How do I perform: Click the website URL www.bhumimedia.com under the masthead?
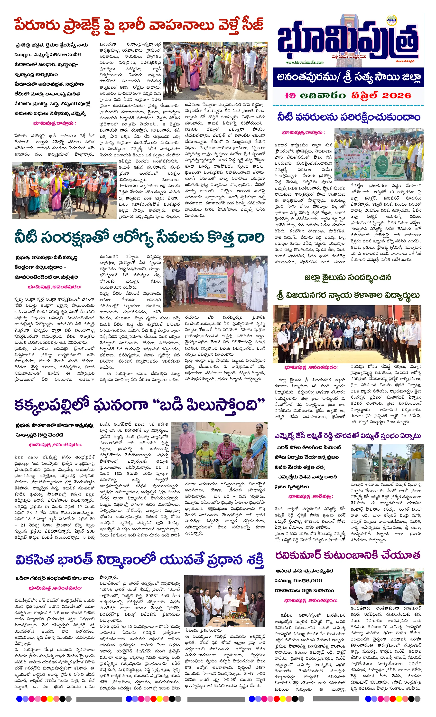click(305, 62)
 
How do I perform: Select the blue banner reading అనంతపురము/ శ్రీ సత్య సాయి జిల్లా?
click(348, 77)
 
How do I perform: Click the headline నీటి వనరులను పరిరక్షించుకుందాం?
click(348, 117)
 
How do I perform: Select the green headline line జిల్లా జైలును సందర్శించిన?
click(348, 277)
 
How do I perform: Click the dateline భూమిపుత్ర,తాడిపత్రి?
click(310, 496)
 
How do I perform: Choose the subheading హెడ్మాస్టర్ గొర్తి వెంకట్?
click(39, 435)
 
